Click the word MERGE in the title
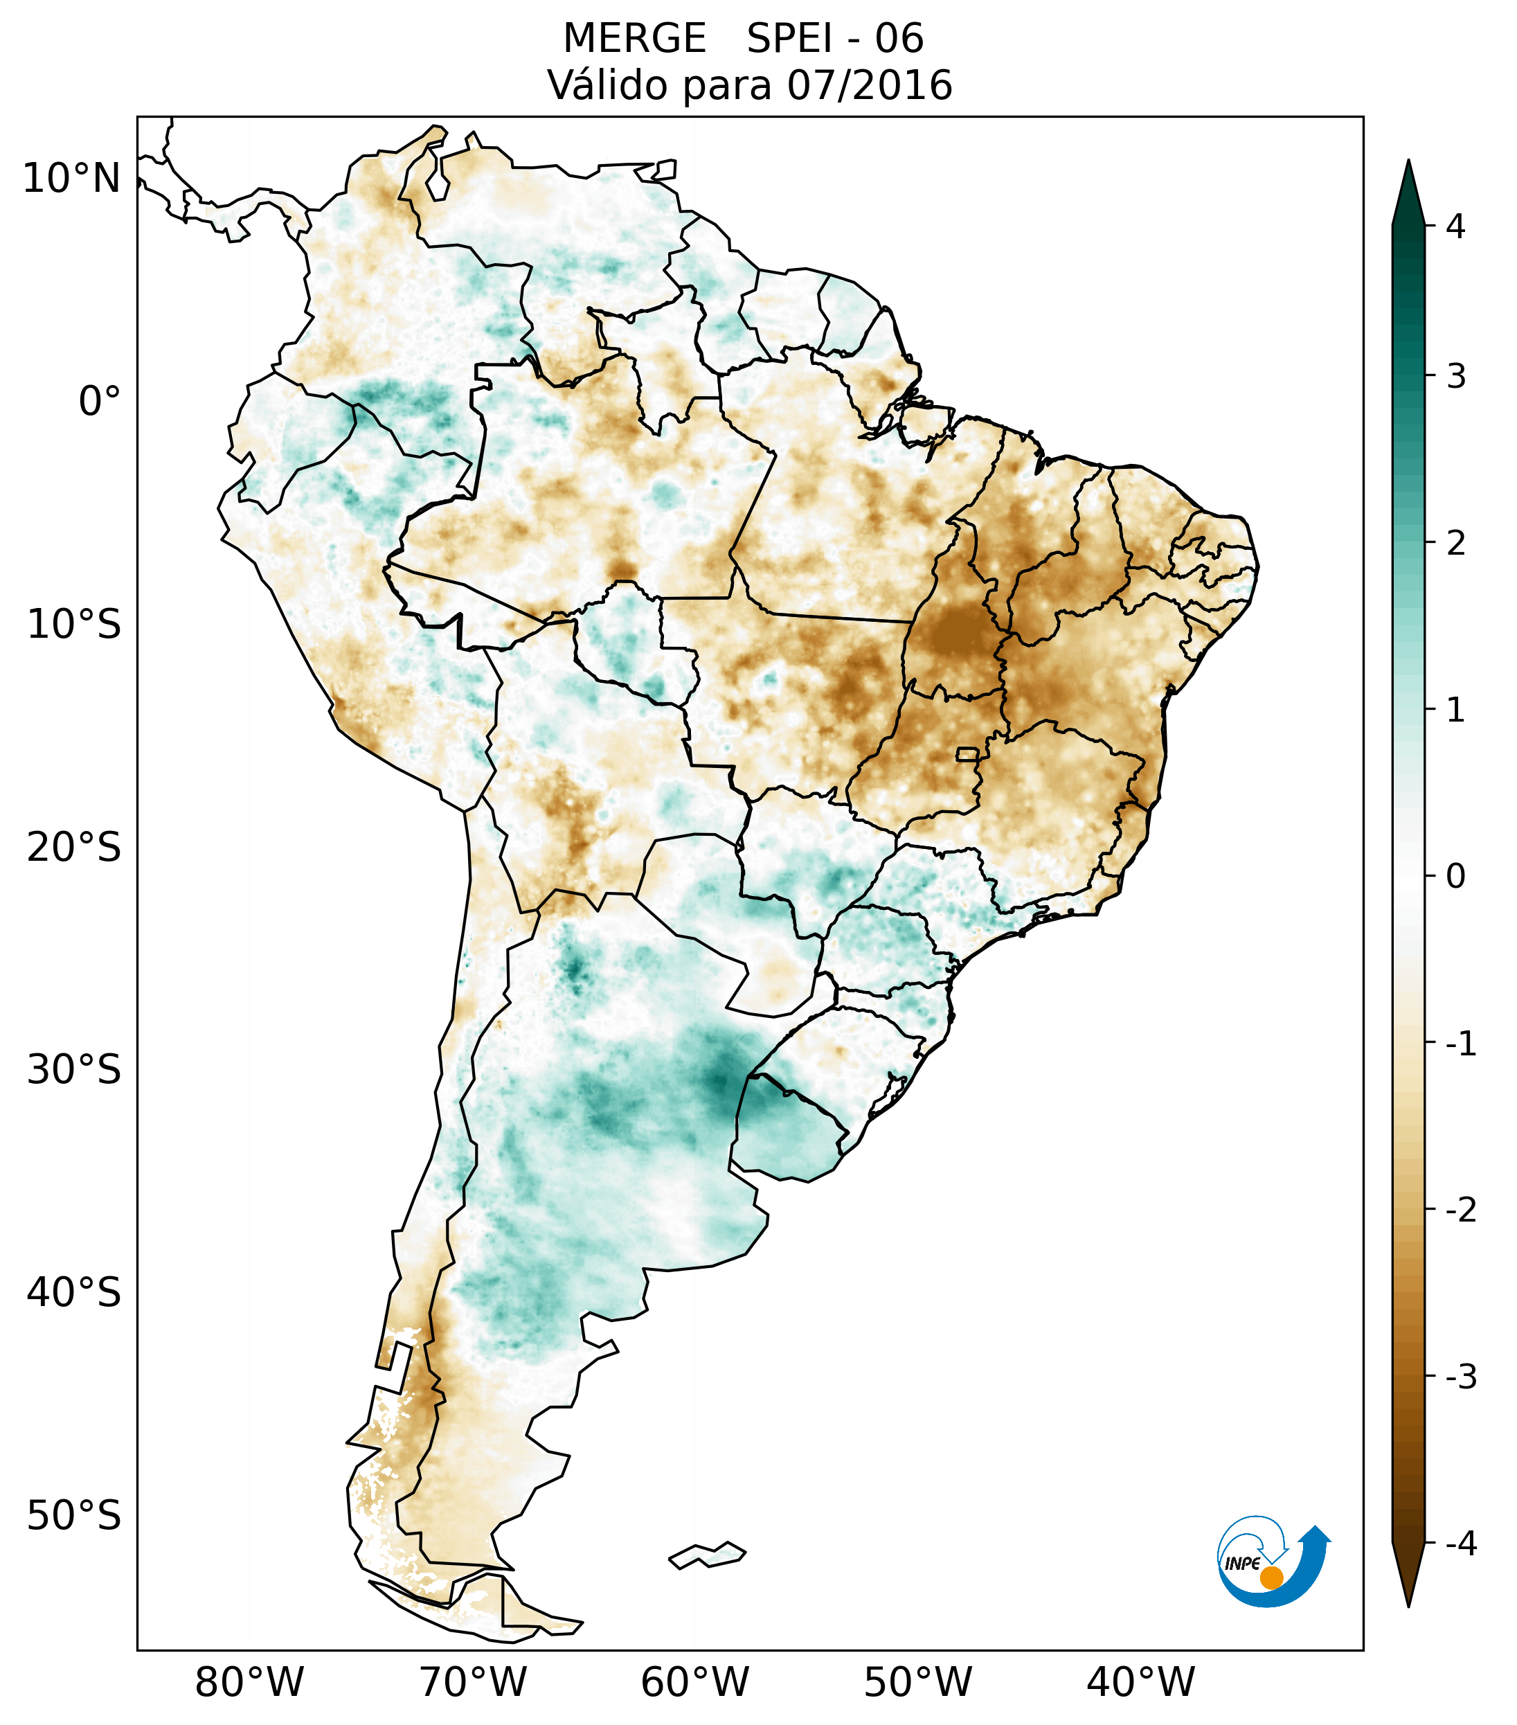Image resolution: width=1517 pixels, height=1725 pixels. point(634,39)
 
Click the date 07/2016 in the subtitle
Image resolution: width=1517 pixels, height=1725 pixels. point(869,85)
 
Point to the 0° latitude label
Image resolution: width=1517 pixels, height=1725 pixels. point(100,402)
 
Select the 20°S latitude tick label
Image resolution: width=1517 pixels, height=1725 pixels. point(74,848)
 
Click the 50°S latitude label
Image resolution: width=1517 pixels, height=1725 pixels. point(74,1516)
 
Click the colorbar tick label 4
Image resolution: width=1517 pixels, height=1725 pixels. point(1455,226)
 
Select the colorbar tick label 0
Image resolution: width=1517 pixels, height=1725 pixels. point(1455,877)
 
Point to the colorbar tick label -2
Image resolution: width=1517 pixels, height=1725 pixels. point(1460,1210)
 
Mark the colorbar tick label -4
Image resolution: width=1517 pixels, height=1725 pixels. point(1460,1544)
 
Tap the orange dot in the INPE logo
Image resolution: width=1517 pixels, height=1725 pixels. point(1271,1577)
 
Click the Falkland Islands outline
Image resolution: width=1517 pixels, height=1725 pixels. point(707,1555)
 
